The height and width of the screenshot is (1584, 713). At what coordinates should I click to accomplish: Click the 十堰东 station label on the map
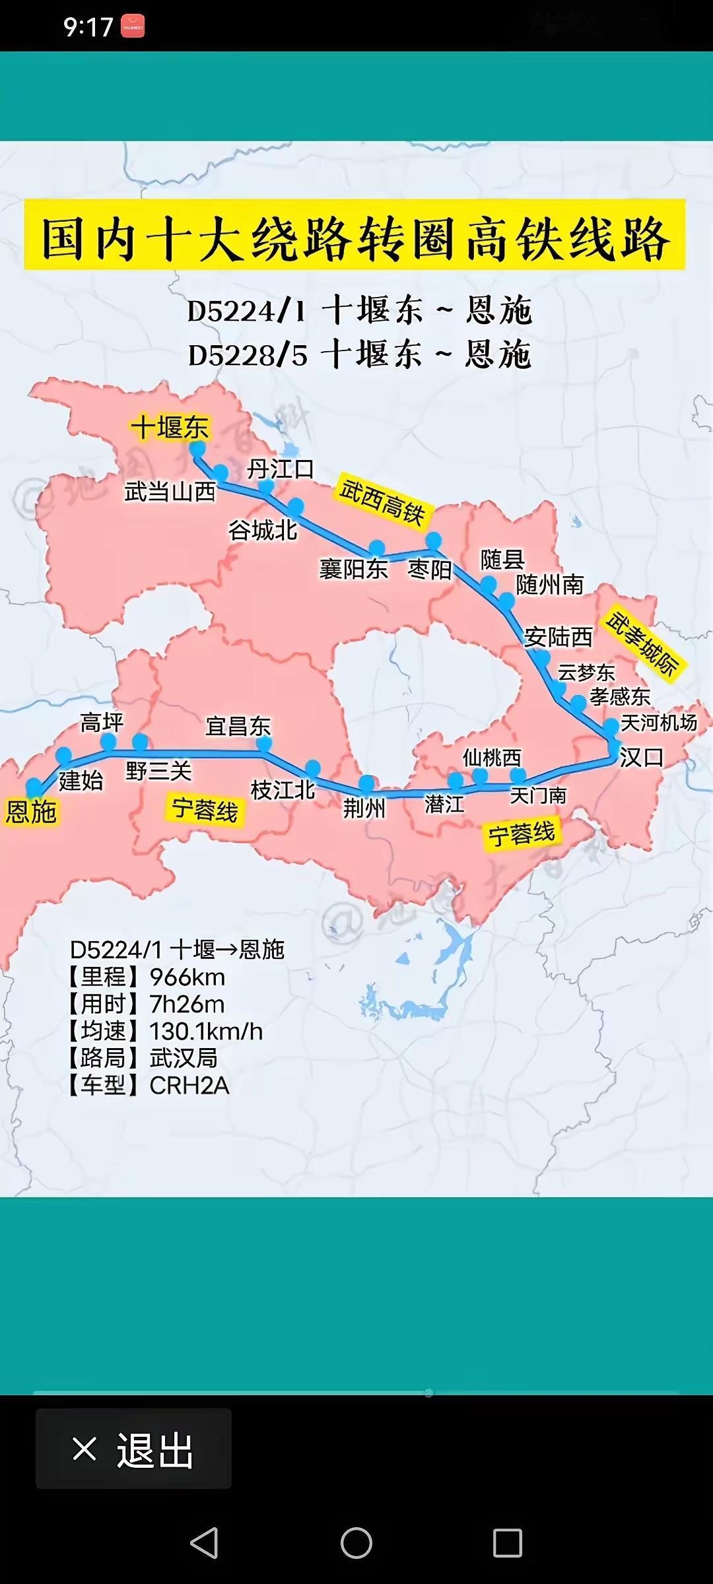click(170, 427)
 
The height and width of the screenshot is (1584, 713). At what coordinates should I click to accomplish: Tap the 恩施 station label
click(31, 811)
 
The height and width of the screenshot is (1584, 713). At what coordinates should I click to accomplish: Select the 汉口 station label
click(641, 757)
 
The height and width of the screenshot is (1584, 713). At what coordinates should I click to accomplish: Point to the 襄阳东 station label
click(353, 569)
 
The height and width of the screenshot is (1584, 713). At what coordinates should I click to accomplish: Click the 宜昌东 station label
click(238, 726)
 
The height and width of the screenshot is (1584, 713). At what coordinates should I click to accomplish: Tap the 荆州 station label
click(364, 808)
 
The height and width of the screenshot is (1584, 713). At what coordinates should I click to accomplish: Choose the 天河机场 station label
click(658, 723)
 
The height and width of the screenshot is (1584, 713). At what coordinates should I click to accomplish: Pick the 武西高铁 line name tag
click(382, 502)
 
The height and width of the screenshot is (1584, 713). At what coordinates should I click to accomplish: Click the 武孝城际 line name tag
click(642, 644)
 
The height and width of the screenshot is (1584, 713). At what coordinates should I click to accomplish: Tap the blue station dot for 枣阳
click(433, 541)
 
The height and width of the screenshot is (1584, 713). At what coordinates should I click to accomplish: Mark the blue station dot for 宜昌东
click(264, 744)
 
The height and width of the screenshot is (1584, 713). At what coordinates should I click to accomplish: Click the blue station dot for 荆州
click(366, 783)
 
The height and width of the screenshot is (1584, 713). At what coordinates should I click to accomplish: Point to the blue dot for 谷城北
click(295, 506)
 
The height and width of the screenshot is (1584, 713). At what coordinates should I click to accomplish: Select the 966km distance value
click(187, 977)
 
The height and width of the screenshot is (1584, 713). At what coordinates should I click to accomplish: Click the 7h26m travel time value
click(187, 1004)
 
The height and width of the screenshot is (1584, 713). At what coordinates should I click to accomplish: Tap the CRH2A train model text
click(189, 1085)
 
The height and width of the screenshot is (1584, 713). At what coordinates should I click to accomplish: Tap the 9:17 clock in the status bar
click(88, 27)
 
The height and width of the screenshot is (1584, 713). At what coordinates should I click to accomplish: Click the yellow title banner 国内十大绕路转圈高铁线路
click(355, 236)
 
